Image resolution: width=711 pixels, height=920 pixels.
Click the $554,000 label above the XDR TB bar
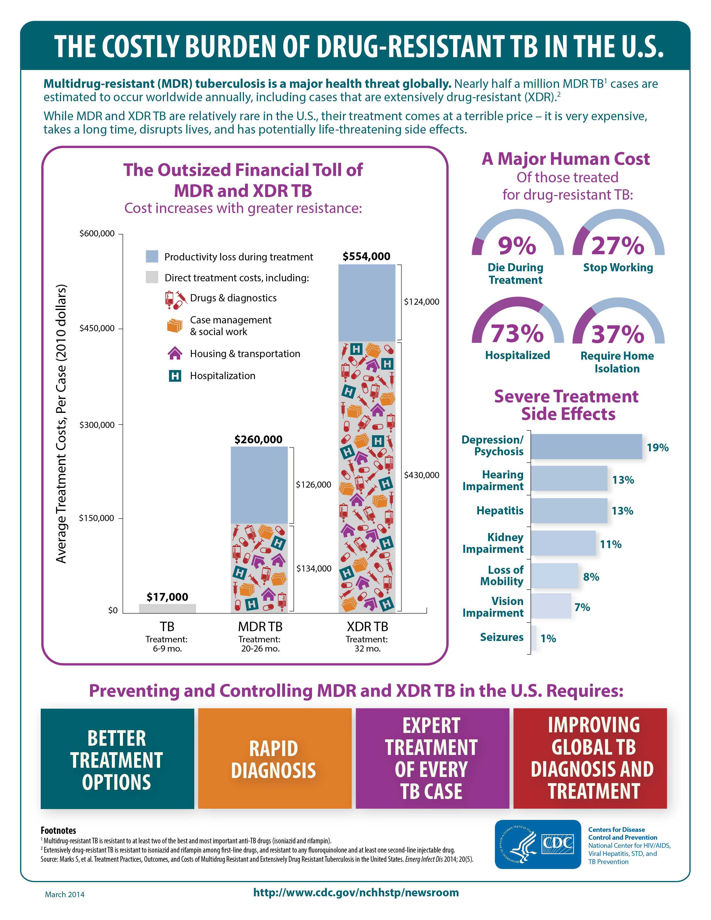[x=366, y=256]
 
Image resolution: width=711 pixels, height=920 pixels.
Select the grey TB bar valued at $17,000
[x=167, y=608]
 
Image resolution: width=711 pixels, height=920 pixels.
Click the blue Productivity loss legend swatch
[x=152, y=256]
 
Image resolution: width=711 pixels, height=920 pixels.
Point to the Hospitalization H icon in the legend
[x=175, y=376]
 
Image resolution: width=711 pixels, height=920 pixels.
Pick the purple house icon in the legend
[x=175, y=354]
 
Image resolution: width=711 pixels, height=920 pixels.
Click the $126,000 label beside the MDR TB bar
[x=313, y=485]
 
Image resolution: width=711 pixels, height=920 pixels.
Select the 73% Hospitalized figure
[x=517, y=333]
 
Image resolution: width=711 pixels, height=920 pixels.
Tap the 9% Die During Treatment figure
[x=517, y=246]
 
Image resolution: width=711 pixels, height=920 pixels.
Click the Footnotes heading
[x=58, y=830]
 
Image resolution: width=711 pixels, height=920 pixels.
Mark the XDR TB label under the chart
[x=367, y=626]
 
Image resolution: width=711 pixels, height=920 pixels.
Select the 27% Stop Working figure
[x=618, y=246]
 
